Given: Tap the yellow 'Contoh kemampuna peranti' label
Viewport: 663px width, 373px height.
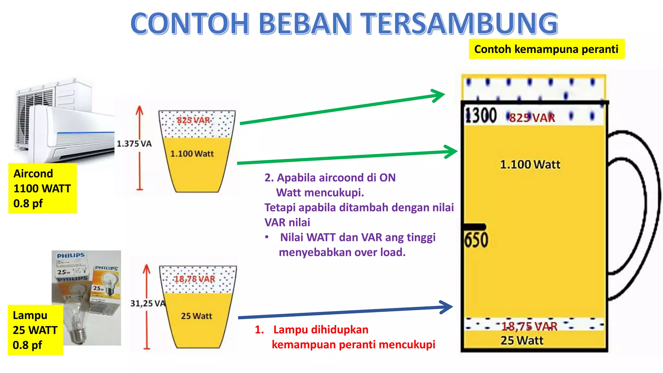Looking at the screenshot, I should tap(546, 49).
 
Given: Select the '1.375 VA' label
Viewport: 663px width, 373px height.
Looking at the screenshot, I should tap(134, 144).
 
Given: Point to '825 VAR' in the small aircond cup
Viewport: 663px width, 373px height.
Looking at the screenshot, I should tap(193, 120).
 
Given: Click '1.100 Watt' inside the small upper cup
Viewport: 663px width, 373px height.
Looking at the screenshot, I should tap(192, 154).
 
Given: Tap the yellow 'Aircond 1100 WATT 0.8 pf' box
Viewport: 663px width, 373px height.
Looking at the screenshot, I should tap(42, 188).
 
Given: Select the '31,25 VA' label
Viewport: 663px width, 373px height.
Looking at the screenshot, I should tap(148, 303).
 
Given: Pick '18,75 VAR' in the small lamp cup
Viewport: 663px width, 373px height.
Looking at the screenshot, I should tap(195, 279).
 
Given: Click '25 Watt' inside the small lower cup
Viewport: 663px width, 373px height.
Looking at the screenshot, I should tap(197, 316).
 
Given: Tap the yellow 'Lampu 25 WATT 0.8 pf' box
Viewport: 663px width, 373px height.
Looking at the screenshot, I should tap(35, 330).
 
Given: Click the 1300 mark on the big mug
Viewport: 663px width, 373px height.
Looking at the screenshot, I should tap(481, 116).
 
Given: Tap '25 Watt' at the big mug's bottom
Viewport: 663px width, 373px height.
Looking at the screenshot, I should tap(522, 341).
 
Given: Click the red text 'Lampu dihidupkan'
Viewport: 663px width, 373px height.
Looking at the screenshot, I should tap(321, 330).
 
